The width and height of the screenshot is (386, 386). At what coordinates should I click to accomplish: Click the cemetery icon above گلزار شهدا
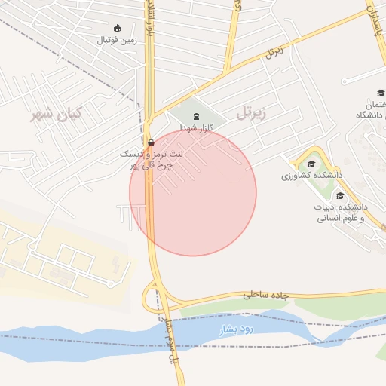coord(197,116)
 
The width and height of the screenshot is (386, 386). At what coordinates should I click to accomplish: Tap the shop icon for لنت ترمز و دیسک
coord(152,142)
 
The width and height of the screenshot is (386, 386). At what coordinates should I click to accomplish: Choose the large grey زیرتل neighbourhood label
coord(251,114)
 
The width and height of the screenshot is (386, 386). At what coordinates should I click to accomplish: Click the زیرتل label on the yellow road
coord(274,53)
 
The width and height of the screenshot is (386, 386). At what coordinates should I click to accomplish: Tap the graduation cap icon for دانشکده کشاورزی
coord(311,164)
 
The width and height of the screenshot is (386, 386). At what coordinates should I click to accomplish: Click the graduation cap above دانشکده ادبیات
coord(340,195)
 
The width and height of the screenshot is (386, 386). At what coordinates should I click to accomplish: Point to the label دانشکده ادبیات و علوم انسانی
coord(339,212)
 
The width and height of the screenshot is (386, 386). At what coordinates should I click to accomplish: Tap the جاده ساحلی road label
coord(265,295)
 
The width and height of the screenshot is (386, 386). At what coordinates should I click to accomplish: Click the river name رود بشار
coord(238,330)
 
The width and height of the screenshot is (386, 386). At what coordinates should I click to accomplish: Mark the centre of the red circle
coord(193,192)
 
